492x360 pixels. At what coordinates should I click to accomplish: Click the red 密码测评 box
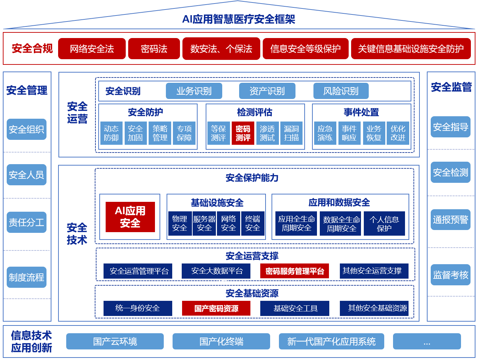[x=243, y=133]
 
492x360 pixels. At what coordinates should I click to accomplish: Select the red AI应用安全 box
[x=130, y=217]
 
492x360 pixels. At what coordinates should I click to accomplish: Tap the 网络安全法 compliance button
[x=92, y=49]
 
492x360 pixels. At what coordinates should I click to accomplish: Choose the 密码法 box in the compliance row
[x=154, y=49]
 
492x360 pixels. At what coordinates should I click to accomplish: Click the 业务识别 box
[x=194, y=91]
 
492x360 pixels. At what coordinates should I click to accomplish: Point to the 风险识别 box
[x=341, y=91]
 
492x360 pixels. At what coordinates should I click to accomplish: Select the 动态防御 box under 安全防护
[x=111, y=133]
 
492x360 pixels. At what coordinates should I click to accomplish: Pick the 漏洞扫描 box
[x=292, y=133]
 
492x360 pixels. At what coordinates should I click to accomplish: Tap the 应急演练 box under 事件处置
[x=325, y=133]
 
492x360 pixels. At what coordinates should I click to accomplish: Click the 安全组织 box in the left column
[x=26, y=129]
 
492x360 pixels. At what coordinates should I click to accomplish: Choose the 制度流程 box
[x=26, y=277]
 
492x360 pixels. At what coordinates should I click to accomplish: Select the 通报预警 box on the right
[x=450, y=219]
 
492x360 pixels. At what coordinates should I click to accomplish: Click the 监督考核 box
[x=450, y=275]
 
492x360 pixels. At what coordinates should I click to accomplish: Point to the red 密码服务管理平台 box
[x=295, y=271]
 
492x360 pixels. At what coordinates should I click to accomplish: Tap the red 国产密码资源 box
[x=216, y=309]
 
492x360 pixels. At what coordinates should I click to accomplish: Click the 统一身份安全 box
[x=138, y=308]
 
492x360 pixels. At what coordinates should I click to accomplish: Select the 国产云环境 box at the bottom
[x=115, y=341]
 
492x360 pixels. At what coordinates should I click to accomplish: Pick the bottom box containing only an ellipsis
[x=427, y=341]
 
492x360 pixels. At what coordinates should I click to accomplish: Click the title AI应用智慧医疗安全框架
[x=239, y=19]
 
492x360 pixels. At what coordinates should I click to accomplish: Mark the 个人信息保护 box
[x=384, y=224]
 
